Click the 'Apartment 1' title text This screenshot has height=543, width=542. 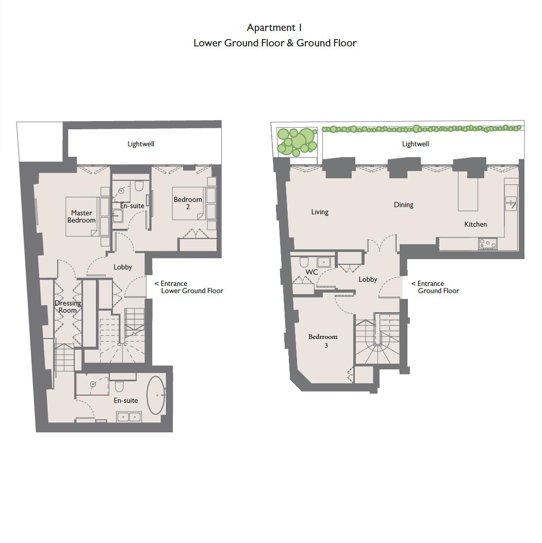pos(274,28)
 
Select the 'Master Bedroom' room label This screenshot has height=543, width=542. pos(81,216)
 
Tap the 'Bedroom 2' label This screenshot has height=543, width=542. pos(188,203)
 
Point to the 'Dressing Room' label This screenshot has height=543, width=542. pos(68,307)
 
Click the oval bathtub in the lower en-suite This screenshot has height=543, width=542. pos(156,396)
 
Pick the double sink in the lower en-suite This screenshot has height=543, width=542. pos(129,416)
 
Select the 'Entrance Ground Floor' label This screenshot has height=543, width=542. pos(436,287)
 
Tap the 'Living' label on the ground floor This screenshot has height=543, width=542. pos(320,212)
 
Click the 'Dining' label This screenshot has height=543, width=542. pos(403,205)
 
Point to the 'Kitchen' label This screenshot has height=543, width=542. pos(475,224)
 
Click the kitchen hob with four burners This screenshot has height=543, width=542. pos(487,244)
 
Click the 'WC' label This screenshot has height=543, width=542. pos(311,272)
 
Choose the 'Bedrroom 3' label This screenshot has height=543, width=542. pos(323,341)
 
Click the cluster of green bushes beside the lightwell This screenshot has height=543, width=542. pos(297,141)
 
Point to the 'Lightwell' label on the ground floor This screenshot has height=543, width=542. pos(415,144)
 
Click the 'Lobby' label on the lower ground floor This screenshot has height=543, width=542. pos(123,267)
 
